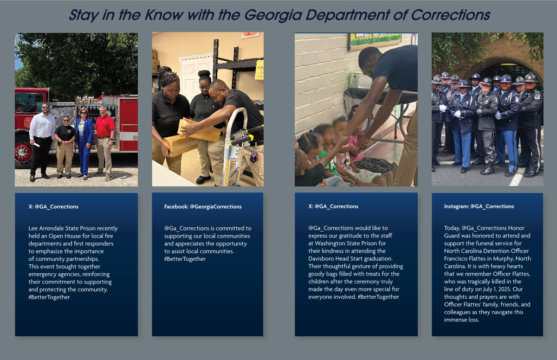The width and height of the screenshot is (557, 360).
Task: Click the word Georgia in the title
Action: click(272, 15)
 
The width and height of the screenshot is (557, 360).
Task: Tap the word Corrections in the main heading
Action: click(450, 15)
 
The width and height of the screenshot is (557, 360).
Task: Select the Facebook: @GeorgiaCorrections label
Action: click(203, 206)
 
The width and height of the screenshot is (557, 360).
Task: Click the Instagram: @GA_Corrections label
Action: click(479, 206)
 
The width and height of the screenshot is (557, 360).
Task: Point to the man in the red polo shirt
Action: click(104, 141)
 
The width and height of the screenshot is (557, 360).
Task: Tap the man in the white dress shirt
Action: click(42, 141)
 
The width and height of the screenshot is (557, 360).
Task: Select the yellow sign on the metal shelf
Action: click(259, 70)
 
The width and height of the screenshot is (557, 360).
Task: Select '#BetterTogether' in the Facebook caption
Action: click(185, 259)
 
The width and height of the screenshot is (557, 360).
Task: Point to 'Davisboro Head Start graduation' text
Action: click(350, 258)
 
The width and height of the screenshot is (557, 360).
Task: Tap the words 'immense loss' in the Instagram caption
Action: click(461, 320)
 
